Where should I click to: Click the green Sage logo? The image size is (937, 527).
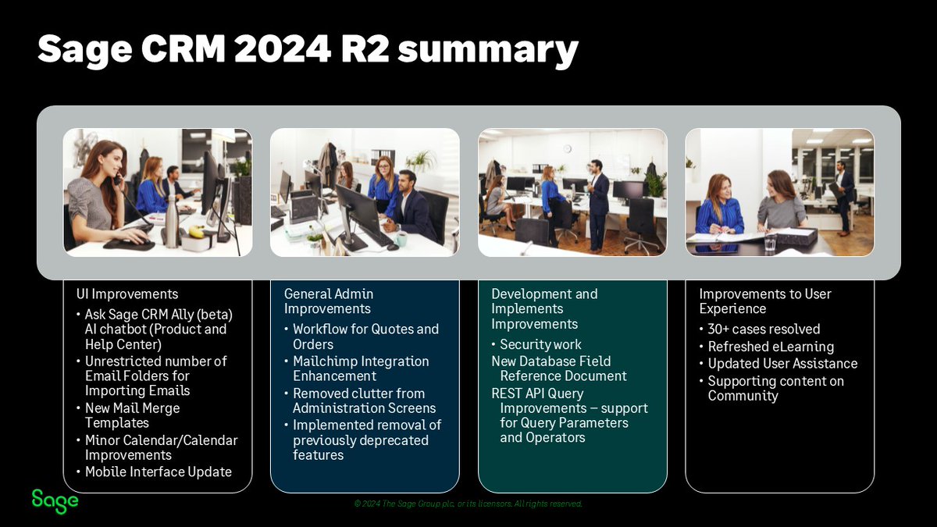point(55,500)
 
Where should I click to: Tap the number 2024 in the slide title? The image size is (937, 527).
point(279,49)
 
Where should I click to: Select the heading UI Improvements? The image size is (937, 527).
point(127,294)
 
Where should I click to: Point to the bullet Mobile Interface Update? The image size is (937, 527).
point(158,472)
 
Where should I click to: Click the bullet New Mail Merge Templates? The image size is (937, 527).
point(132,415)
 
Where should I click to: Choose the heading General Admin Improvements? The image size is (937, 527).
point(329,301)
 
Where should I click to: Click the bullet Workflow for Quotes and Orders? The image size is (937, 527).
point(365,336)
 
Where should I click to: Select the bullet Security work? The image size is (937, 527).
point(540,344)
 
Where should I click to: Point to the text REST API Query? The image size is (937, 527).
point(538,393)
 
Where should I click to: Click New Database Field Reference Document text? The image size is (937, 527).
point(559,369)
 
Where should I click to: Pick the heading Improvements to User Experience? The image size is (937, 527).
point(764,301)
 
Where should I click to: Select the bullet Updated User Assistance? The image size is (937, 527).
point(782,364)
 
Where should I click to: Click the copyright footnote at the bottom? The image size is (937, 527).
point(468,504)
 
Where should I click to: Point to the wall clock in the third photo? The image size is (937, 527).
point(567,148)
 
